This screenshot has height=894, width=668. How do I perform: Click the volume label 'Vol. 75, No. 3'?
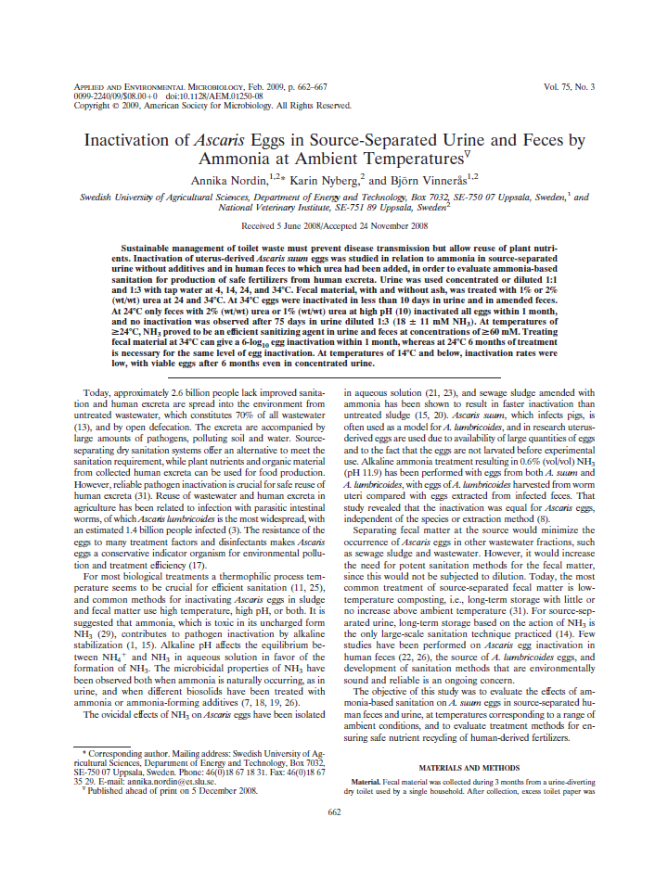[x=569, y=86]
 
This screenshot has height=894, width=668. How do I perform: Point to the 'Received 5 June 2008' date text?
[x=284, y=225]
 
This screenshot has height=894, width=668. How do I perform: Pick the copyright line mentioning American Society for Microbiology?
[x=212, y=105]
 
